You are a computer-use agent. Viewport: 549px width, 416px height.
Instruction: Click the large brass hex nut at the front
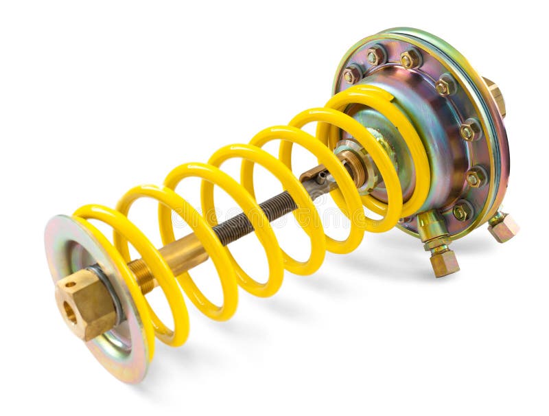pyautogui.click(x=86, y=303)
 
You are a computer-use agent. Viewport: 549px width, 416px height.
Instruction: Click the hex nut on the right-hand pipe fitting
pyautogui.click(x=504, y=227)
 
